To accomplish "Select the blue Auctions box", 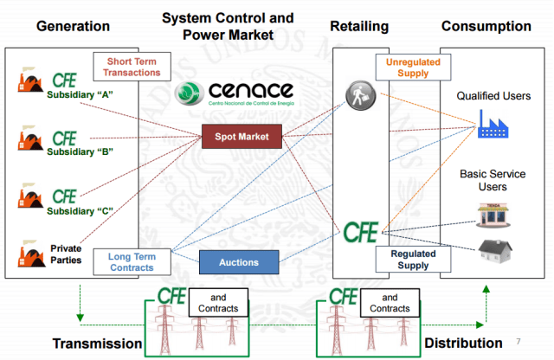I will (242, 262).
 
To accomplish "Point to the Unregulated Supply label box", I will (407, 67).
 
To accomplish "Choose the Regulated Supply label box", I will (407, 260).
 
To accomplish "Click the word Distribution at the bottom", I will (463, 344).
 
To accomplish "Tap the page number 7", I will (518, 341).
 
